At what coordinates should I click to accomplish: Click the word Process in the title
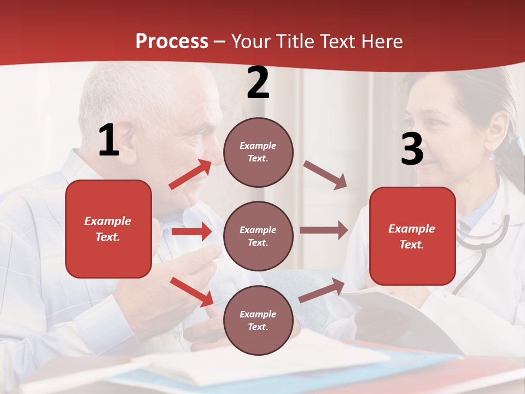click(x=172, y=42)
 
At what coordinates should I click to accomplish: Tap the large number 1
click(x=109, y=141)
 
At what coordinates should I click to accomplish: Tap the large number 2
click(x=258, y=83)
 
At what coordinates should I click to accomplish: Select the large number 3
click(x=412, y=149)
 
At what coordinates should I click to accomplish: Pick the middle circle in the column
click(x=258, y=236)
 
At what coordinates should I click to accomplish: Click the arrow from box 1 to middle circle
click(x=192, y=231)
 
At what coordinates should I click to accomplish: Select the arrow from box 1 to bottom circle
click(x=192, y=291)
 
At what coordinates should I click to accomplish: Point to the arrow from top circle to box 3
click(x=326, y=175)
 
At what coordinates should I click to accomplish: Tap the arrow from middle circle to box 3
click(x=324, y=230)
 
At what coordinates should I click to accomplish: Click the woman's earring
click(x=492, y=156)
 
